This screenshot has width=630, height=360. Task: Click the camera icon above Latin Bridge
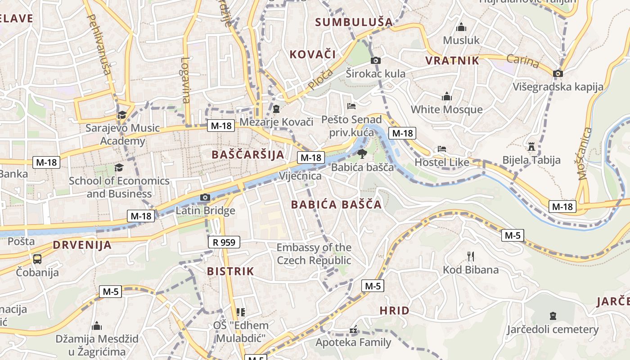pos(205,197)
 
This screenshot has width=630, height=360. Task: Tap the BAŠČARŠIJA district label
pos(248,155)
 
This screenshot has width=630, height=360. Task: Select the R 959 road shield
pos(224,243)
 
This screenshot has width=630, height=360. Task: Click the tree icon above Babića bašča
pos(361,154)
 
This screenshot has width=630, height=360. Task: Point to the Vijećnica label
pos(300,175)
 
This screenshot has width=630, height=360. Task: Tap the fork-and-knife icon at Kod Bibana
pos(471,256)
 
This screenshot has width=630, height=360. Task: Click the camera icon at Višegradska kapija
pos(558,73)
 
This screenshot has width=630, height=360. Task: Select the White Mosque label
pos(446,109)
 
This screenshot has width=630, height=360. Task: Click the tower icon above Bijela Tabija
pos(531,147)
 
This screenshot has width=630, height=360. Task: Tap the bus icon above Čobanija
pos(37,259)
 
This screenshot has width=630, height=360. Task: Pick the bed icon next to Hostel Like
pos(441,149)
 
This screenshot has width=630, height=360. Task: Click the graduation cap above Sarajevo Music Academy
pos(122,115)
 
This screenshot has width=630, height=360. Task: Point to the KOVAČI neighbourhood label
pos(313,54)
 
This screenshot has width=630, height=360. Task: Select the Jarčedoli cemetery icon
pos(553,316)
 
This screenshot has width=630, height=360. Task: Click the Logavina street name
pos(186,80)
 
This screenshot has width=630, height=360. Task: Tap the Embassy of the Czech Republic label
pos(314,254)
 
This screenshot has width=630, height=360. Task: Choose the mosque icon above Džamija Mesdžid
pos(97,326)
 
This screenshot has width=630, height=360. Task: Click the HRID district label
pos(394,310)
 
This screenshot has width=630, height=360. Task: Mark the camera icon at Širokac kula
pos(375,60)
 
